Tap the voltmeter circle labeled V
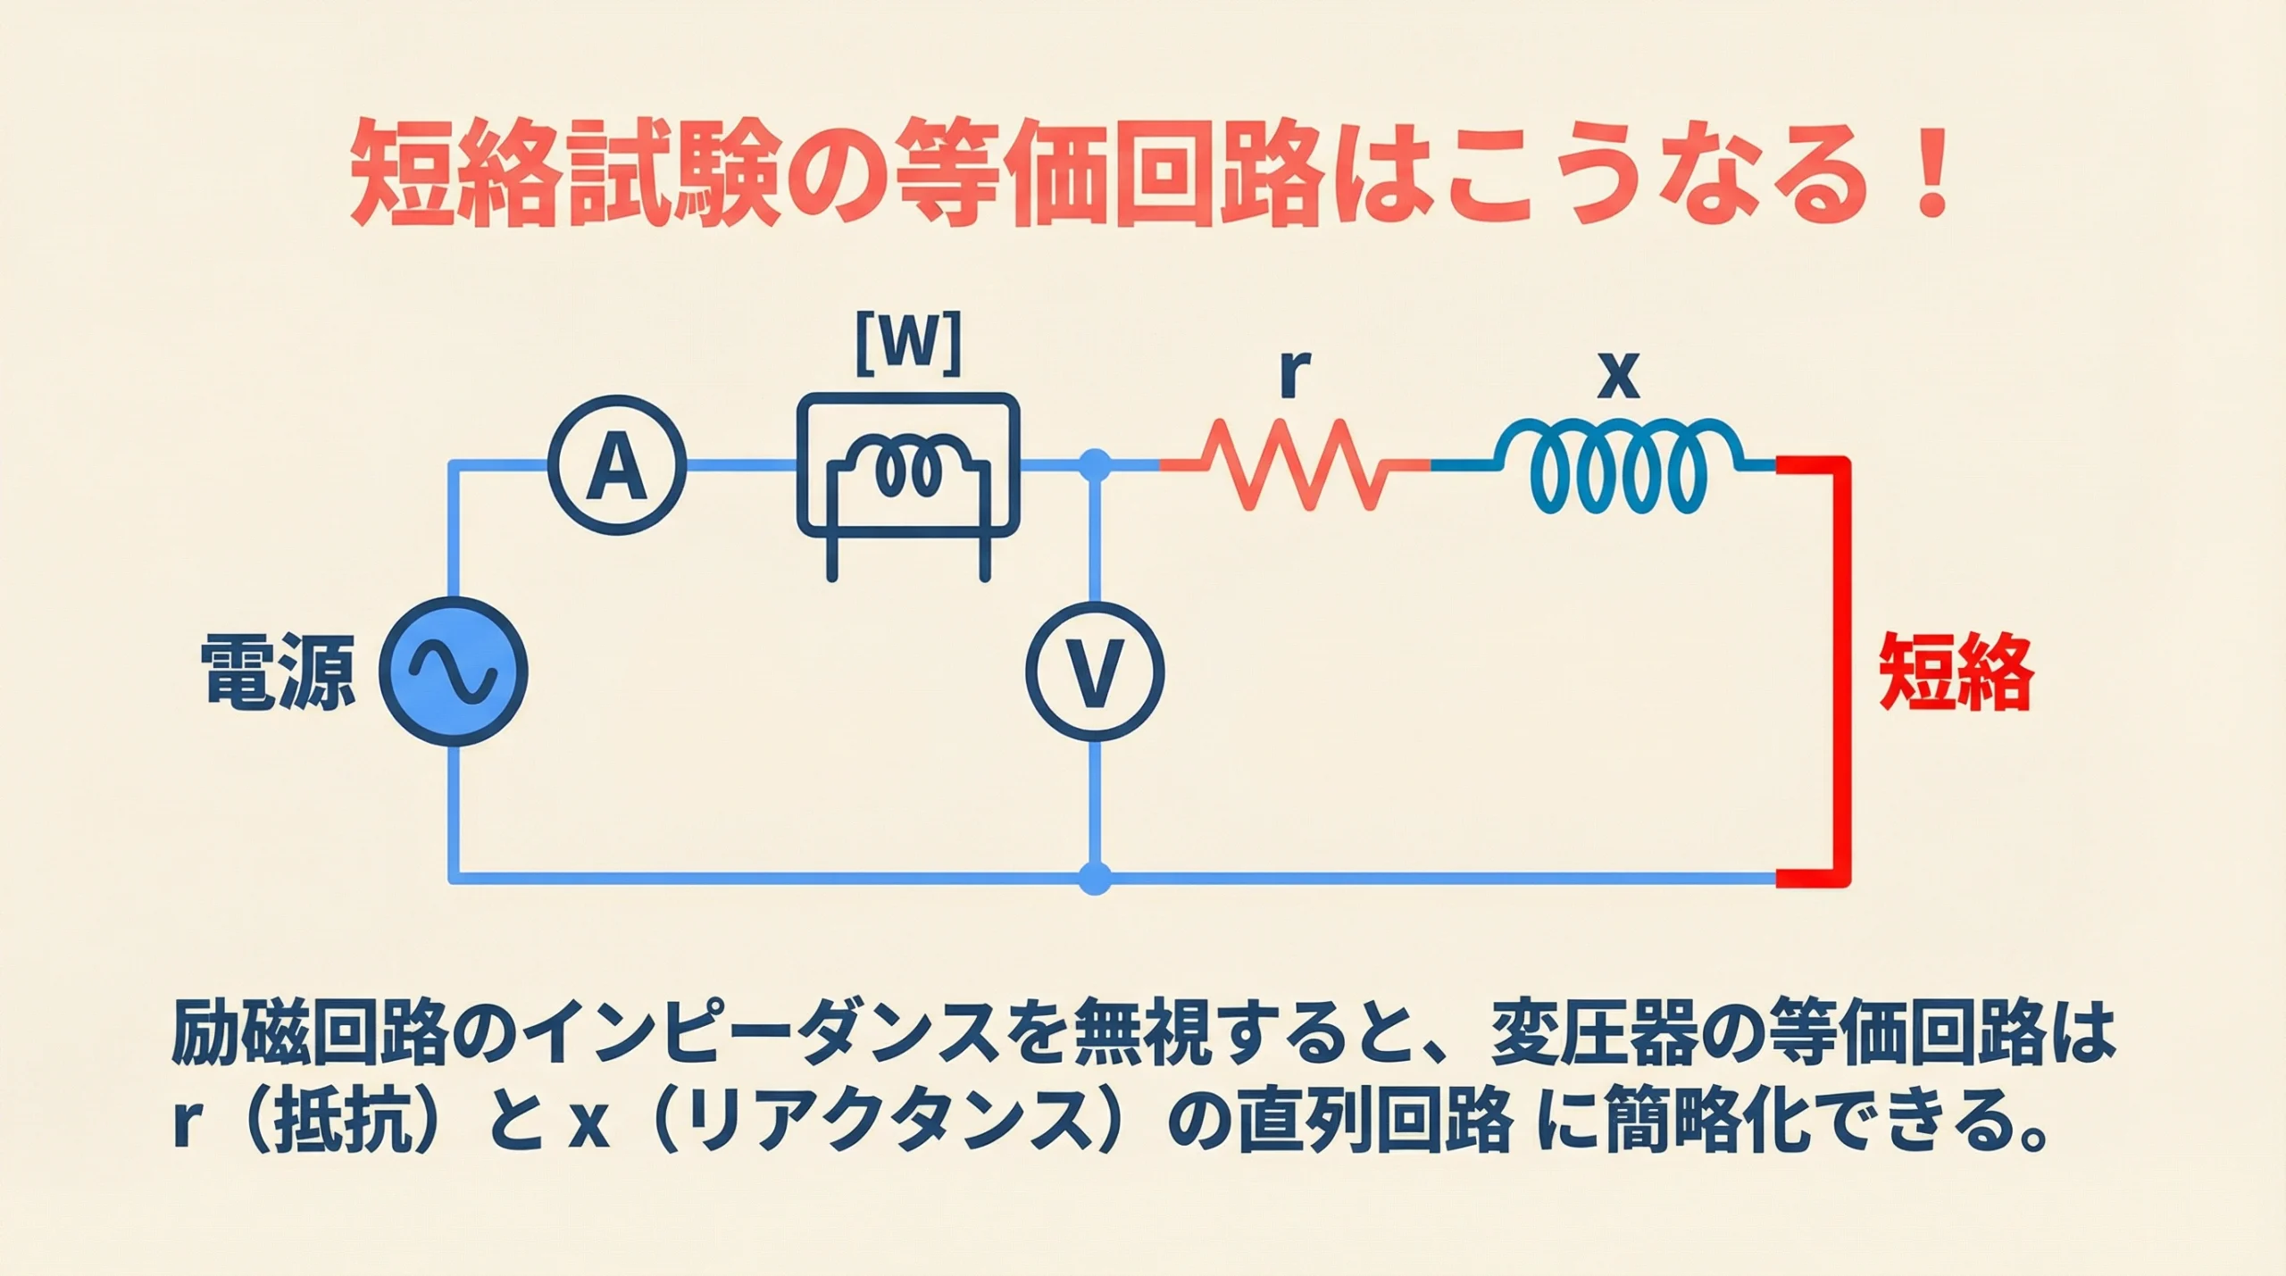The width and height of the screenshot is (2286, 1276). (x=1095, y=671)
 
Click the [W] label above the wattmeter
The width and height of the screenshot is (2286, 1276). (x=908, y=344)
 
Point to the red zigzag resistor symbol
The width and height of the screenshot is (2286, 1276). (x=1295, y=464)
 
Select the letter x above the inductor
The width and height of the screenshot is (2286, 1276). (x=1618, y=375)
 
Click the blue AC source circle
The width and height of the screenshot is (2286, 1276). (x=454, y=671)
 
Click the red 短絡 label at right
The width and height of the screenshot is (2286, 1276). (x=1956, y=672)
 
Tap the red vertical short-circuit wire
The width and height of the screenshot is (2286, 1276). (x=1840, y=671)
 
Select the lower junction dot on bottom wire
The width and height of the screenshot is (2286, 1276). (x=1096, y=878)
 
